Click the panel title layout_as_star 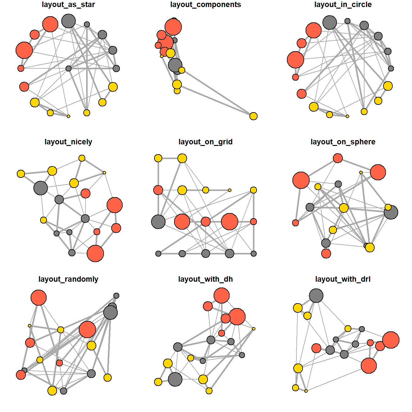pos(68,5)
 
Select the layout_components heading pos(205,5)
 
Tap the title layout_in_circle pos(343,5)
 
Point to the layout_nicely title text pos(68,142)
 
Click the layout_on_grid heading pos(205,142)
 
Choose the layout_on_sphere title pos(343,142)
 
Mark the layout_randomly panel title pos(68,279)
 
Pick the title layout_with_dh pos(205,279)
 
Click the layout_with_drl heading pos(343,279)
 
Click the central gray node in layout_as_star pos(69,68)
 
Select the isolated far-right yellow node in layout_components pos(253,116)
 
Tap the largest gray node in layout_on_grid pos(158,222)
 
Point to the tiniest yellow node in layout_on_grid pos(230,190)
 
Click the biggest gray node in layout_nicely pos(40,188)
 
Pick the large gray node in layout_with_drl pos(316,296)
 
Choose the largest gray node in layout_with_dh pos(175,379)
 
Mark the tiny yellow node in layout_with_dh pos(254,329)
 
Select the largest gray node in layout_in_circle pos(330,22)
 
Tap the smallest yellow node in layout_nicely pos(104,173)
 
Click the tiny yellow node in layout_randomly pos(29,326)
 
